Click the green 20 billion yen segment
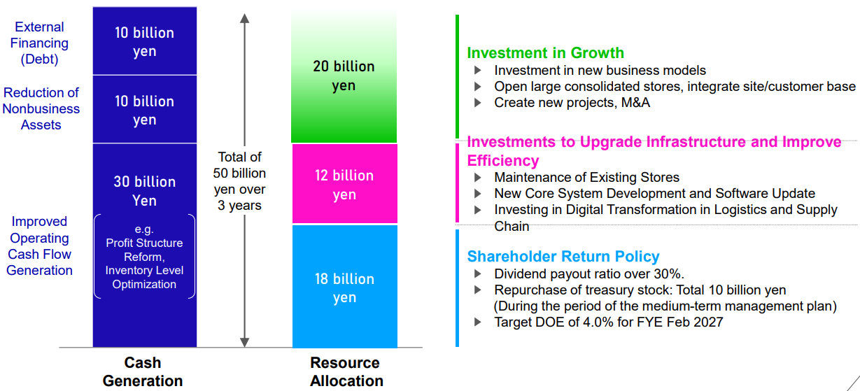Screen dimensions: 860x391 click(x=344, y=77)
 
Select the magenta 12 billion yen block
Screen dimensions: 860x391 click(x=345, y=183)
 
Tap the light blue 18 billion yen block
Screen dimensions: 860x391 click(x=345, y=286)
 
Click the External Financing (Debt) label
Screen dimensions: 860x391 click(x=39, y=43)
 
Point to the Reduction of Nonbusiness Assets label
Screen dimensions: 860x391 click(x=41, y=108)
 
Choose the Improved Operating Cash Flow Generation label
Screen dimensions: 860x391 click(x=40, y=246)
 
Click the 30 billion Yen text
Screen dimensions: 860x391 click(x=144, y=191)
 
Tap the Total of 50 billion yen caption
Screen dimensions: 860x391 click(x=239, y=180)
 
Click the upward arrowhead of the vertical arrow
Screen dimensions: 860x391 click(x=244, y=18)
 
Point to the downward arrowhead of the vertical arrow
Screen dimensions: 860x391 click(x=244, y=342)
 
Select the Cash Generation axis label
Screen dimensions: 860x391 click(x=143, y=371)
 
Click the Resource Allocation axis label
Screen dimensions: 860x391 click(x=346, y=371)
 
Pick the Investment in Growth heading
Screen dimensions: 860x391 click(x=546, y=53)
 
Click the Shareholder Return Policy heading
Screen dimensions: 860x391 click(x=563, y=256)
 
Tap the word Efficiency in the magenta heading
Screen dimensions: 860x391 click(x=503, y=160)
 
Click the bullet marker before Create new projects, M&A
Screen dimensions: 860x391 click(x=478, y=102)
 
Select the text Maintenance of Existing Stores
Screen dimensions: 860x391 click(x=586, y=177)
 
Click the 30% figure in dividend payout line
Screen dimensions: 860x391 click(x=668, y=274)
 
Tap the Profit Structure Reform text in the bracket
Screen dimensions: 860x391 click(x=144, y=250)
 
